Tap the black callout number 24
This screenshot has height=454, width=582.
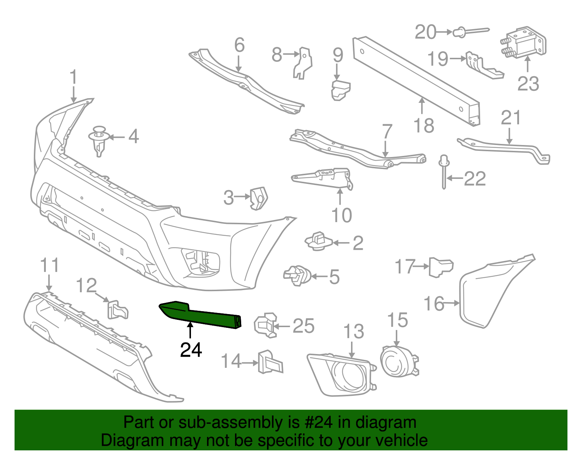tap(191, 350)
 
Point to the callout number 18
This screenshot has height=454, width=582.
tap(424, 125)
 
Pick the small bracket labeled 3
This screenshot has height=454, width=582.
tap(259, 198)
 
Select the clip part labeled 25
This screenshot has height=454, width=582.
tap(264, 325)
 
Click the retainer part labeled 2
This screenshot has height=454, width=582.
tap(318, 241)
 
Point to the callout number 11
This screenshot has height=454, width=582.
tap(49, 265)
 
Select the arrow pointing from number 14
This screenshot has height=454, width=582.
tap(250, 362)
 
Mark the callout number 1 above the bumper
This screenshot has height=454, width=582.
tap(74, 77)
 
